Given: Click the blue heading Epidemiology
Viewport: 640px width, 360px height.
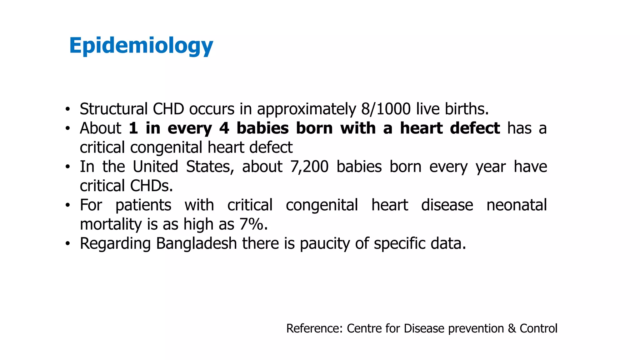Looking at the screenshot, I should (141, 46).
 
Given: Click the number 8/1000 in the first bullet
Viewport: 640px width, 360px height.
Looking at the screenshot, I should (386, 109).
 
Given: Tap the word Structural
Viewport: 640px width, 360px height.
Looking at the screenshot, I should (114, 109).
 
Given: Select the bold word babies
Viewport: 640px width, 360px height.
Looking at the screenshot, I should (262, 128).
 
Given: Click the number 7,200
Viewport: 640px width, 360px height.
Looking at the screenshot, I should (309, 167).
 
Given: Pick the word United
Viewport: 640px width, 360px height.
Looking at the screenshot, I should (155, 167).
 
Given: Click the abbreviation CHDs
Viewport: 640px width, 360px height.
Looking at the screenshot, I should (151, 186).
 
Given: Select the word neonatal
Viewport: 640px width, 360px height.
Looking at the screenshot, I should (517, 205).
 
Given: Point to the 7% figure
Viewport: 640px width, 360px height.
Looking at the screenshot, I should (252, 224).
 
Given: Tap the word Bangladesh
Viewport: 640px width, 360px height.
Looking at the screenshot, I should (196, 243).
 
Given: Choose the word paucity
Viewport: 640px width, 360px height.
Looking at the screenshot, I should (325, 243).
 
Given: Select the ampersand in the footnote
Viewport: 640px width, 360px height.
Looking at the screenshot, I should (512, 328).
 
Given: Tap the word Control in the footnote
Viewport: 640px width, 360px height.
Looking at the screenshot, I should (538, 328).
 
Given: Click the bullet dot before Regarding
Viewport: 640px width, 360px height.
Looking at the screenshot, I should (67, 244).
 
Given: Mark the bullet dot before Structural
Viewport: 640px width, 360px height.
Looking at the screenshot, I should (67, 109).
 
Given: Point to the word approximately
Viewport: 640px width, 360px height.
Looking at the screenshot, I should (306, 109).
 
